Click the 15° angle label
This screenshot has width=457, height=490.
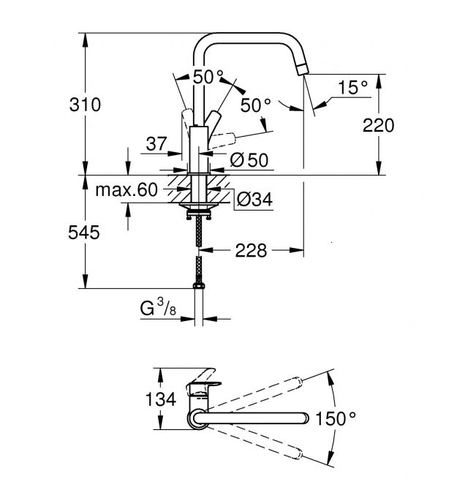(x=353, y=88)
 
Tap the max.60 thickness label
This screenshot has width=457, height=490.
(x=126, y=191)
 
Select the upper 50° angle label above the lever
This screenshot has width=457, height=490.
(x=208, y=77)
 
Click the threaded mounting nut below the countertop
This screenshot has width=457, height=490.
(x=196, y=211)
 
